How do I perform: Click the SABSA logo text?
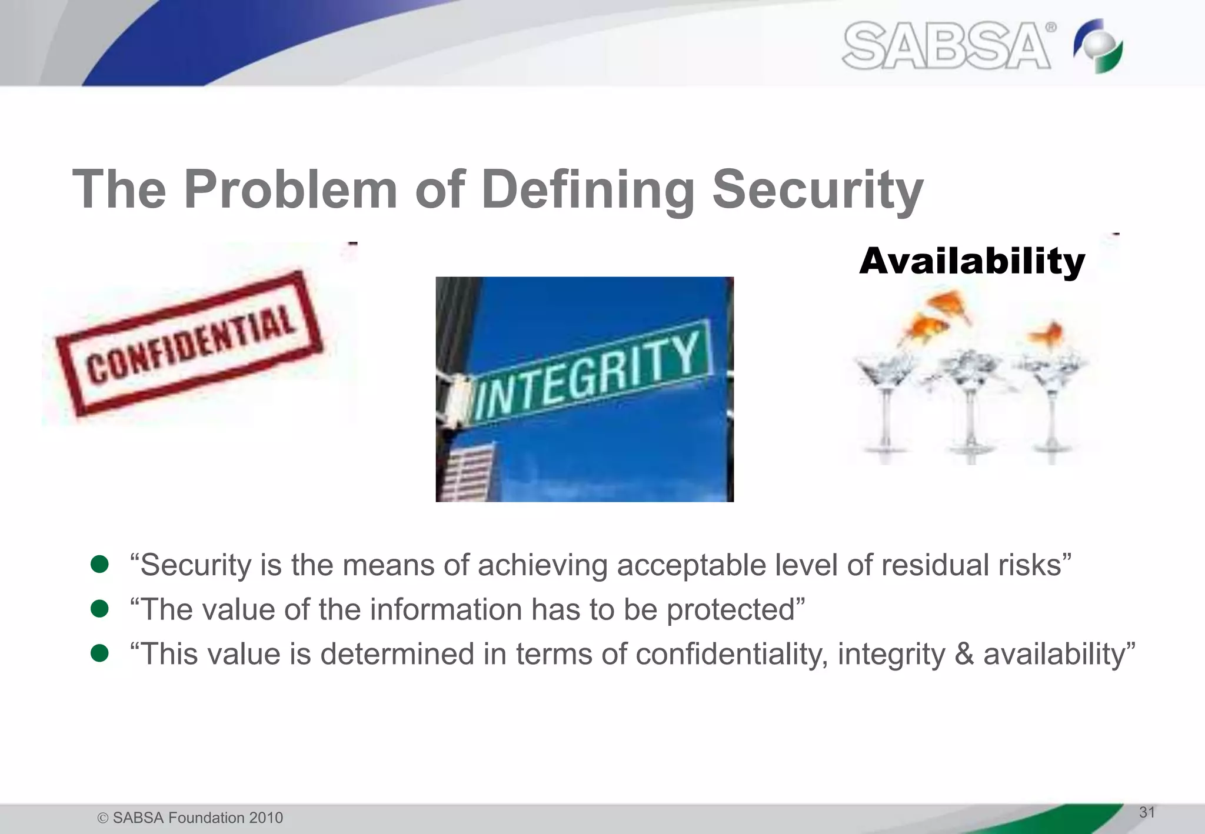(946, 46)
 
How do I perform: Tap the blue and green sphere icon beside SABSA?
(1098, 46)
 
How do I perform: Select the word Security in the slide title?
(817, 189)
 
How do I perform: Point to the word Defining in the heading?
(588, 189)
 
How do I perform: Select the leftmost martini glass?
(884, 400)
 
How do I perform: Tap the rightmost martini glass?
(1051, 400)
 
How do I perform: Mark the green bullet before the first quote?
(99, 565)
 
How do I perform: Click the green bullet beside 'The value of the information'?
(99, 609)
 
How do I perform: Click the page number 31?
(1147, 812)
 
